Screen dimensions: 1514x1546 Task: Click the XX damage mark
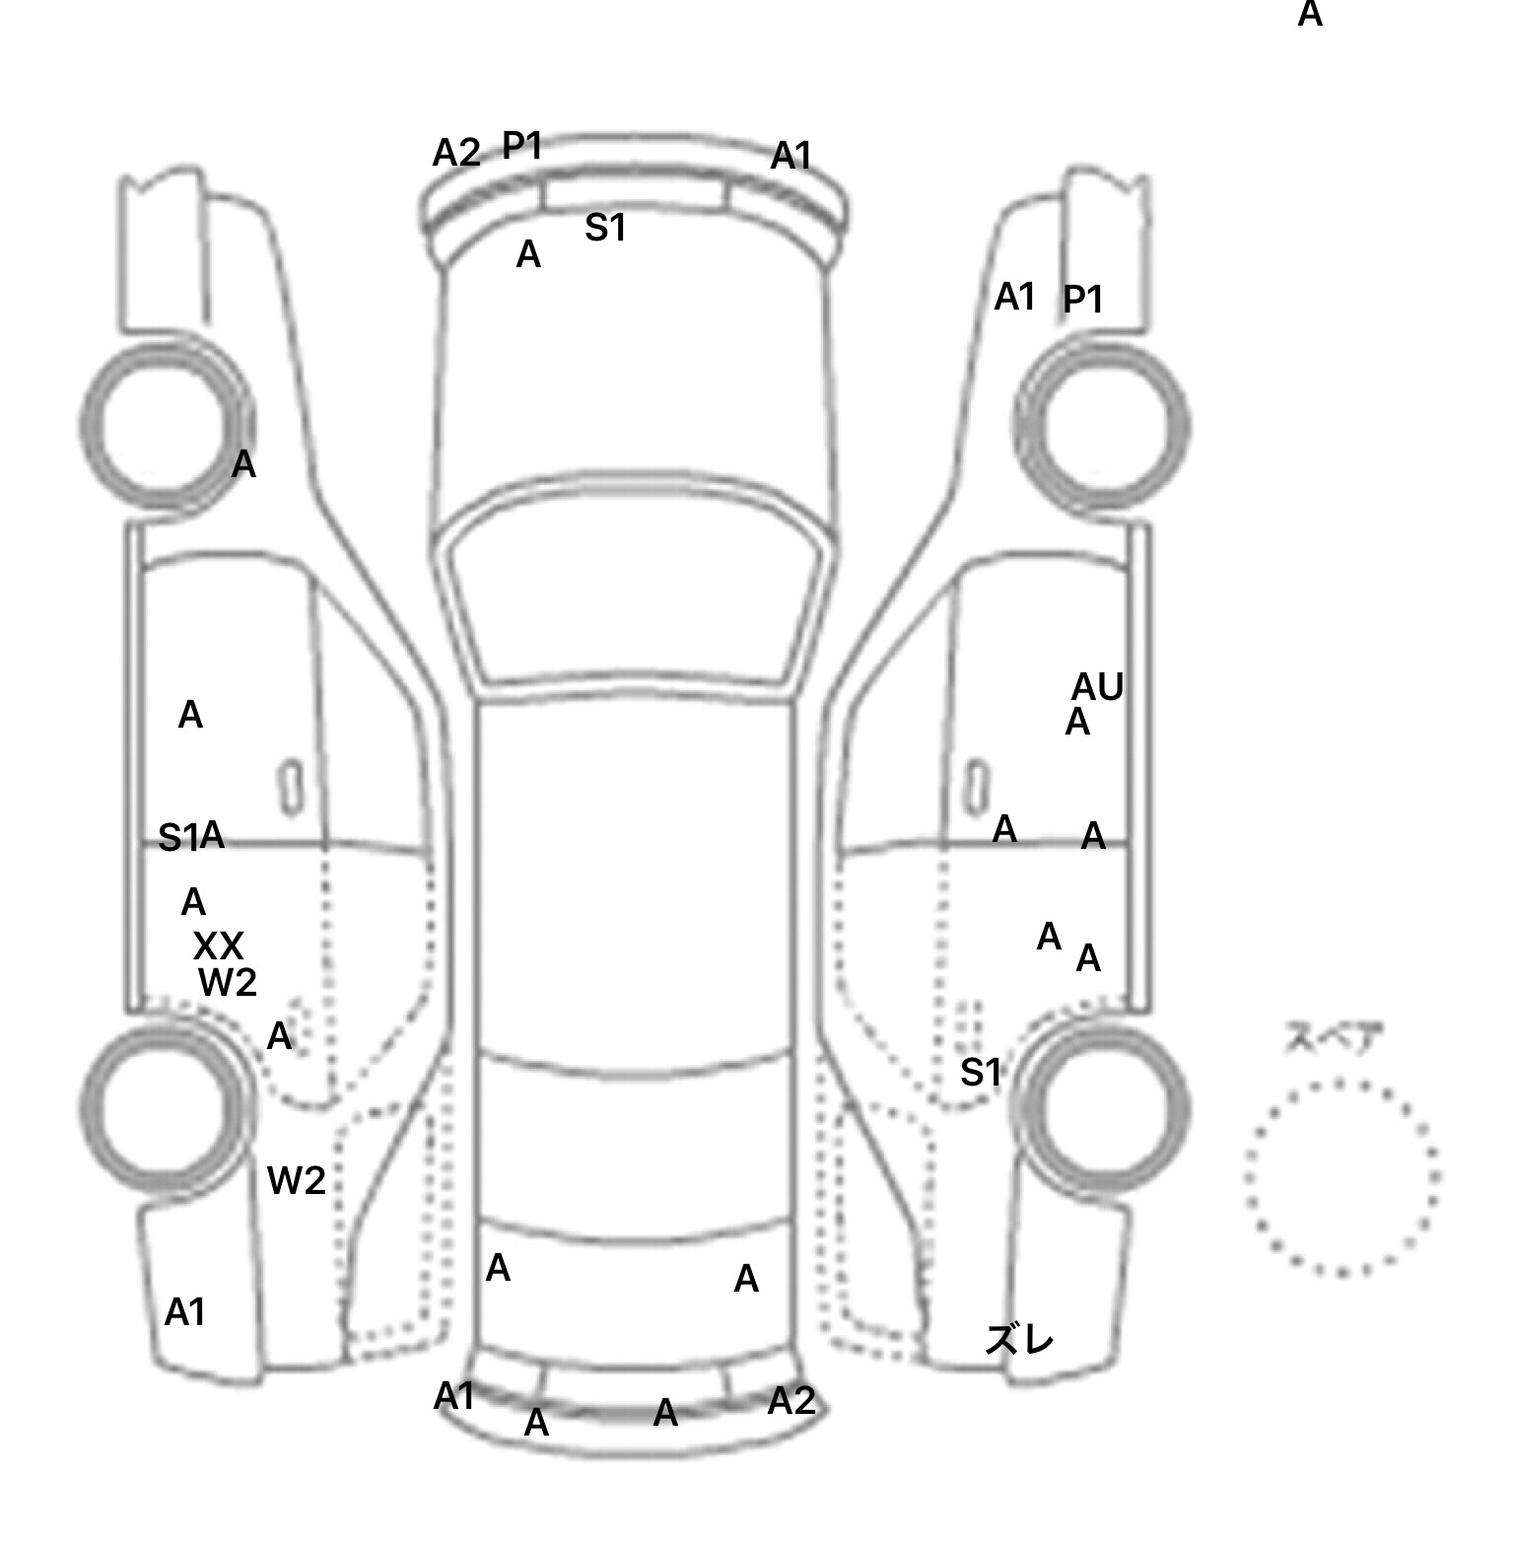[218, 947]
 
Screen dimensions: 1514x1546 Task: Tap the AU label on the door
[1097, 686]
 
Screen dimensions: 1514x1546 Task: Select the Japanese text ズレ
[1020, 1340]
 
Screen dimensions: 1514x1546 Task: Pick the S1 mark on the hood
[605, 228]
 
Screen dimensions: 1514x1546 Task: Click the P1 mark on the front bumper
[522, 146]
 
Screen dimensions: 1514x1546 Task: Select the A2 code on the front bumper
[456, 153]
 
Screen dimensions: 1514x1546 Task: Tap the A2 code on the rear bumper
[791, 1400]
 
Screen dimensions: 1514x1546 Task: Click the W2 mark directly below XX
[228, 982]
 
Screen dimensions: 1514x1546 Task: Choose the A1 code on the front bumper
[791, 155]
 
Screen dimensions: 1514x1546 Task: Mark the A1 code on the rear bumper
[454, 1396]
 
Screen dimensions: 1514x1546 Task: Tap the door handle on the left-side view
[291, 788]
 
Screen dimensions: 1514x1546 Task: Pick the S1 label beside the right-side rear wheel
[981, 1072]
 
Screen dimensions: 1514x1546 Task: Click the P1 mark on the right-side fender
[1082, 299]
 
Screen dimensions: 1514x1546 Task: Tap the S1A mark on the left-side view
[191, 837]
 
